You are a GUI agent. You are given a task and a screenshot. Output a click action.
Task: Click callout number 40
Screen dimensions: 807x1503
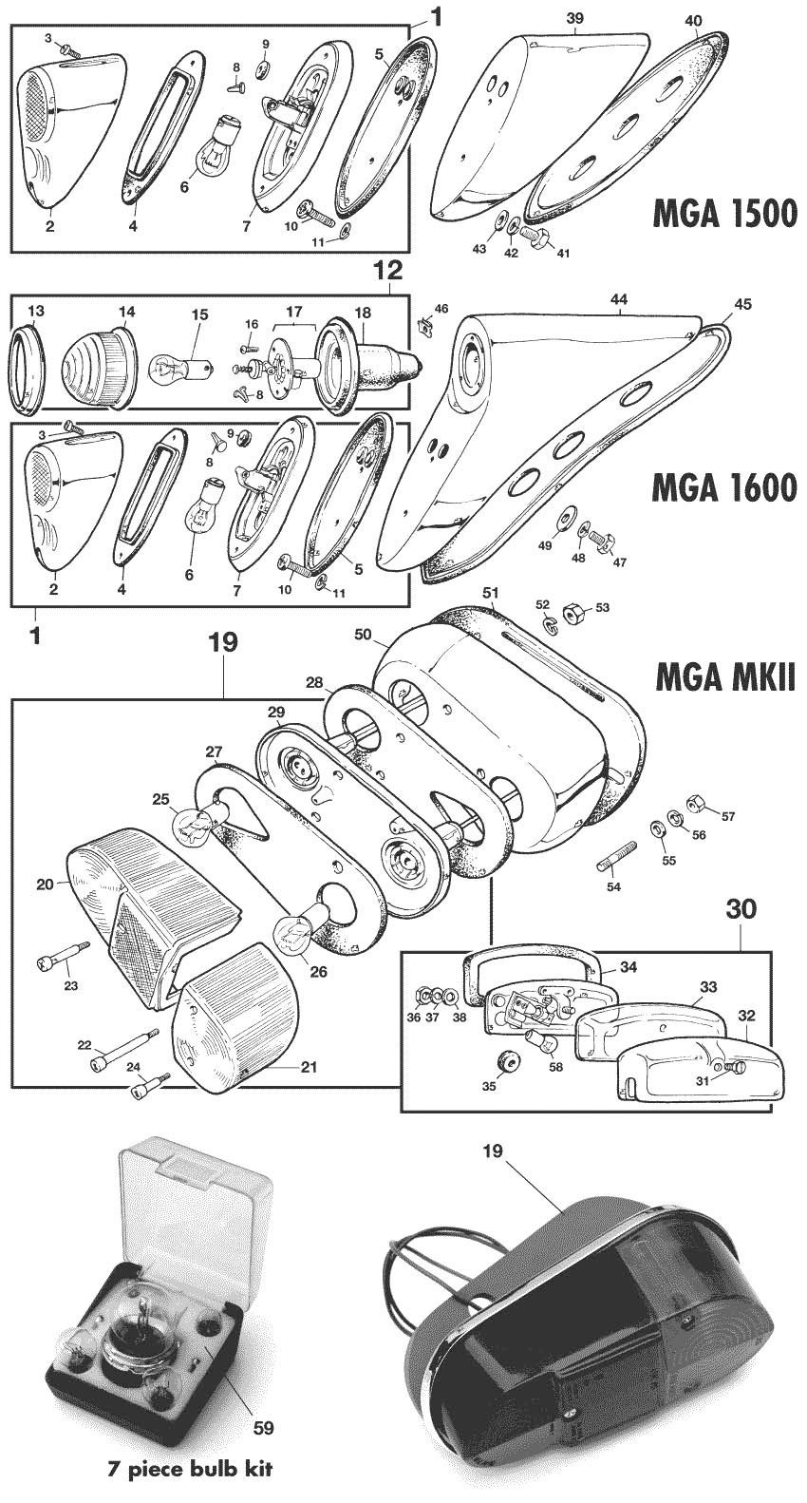(x=692, y=20)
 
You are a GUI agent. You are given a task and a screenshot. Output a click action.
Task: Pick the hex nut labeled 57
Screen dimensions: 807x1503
(x=695, y=803)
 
